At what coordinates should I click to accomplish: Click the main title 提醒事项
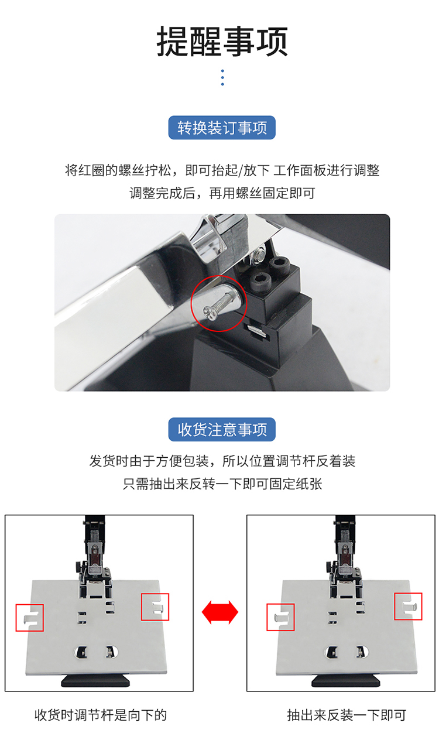[x=222, y=42]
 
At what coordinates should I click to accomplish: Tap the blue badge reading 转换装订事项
[x=222, y=128]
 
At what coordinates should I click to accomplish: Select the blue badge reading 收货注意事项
[x=222, y=429]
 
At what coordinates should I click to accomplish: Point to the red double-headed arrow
[x=220, y=612]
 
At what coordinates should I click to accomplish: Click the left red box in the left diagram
[x=16, y=618]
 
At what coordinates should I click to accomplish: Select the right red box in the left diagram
[x=142, y=607]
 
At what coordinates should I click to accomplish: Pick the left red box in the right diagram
[x=267, y=617]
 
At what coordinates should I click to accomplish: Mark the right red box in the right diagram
[x=395, y=606]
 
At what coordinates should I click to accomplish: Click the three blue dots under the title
[x=222, y=78]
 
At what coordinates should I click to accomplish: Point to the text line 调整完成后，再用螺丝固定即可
[x=222, y=193]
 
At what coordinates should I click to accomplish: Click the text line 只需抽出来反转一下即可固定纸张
[x=222, y=484]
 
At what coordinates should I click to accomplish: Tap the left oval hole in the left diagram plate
[x=81, y=652]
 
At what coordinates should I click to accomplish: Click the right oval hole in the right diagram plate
[x=362, y=652]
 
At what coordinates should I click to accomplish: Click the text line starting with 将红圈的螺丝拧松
[x=222, y=170]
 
